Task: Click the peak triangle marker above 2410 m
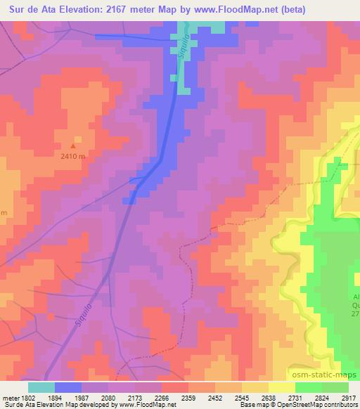(72, 146)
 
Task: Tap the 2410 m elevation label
(72, 157)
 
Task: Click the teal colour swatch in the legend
(41, 387)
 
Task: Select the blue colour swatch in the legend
(68, 387)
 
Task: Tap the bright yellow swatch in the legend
(282, 387)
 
